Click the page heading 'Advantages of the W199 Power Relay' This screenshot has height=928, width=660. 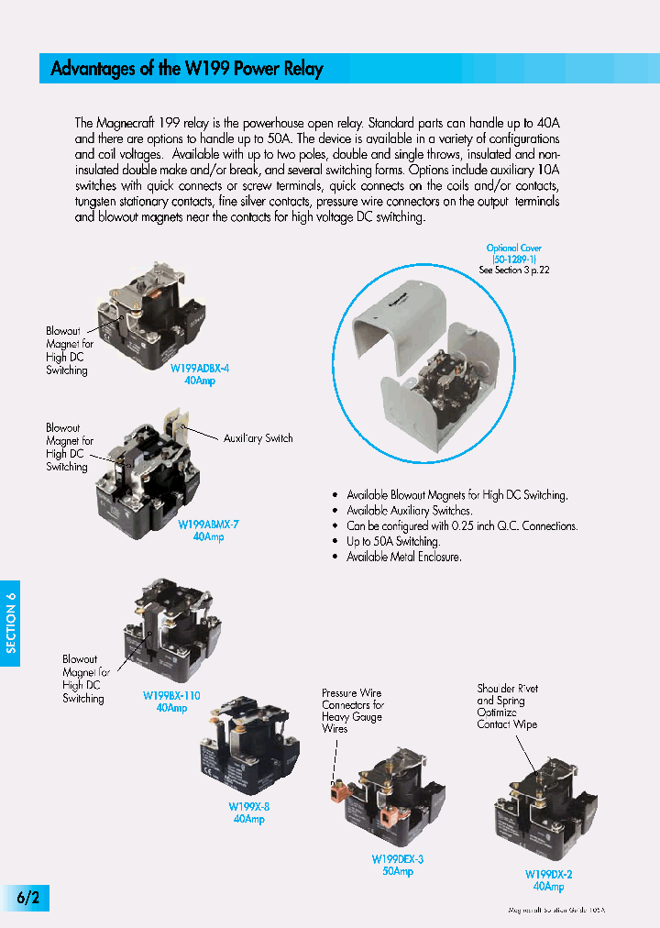187,69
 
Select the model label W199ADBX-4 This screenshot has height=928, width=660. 199,368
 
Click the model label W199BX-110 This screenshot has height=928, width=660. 171,696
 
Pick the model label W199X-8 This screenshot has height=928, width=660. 248,807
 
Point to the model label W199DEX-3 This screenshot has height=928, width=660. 397,859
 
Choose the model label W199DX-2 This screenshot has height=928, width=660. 548,875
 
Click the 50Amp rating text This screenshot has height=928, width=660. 397,871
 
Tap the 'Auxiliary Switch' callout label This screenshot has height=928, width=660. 258,438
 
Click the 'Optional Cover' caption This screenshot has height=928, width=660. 513,248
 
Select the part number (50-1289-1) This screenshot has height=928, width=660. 513,259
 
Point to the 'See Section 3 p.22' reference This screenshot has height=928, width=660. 513,271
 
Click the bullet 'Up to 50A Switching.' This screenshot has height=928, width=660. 392,541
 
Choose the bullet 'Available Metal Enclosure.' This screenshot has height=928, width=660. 403,557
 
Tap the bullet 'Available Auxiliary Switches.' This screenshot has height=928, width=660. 409,510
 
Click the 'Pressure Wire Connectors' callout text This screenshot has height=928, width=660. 352,711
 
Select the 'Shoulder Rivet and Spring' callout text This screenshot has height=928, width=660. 507,706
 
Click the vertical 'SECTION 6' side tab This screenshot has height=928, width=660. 11,623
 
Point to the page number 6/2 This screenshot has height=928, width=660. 27,897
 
